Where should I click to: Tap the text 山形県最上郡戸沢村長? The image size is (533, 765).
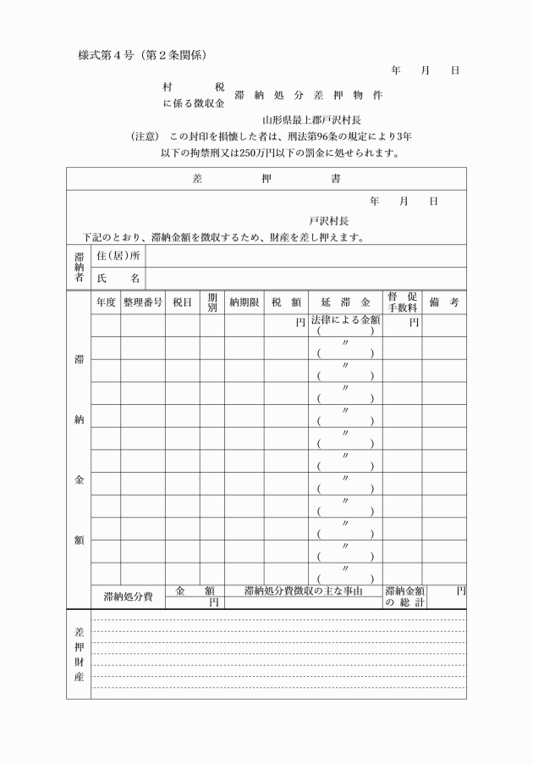[310, 119]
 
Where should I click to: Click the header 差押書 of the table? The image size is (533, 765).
[266, 180]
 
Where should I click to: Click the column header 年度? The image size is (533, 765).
[106, 302]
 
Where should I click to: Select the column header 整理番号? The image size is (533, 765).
[142, 302]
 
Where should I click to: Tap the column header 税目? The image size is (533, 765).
[182, 302]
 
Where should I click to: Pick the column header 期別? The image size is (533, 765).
[212, 302]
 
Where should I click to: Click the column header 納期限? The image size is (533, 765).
[244, 302]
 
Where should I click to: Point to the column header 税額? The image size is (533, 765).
[287, 302]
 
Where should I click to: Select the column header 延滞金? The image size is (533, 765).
[345, 302]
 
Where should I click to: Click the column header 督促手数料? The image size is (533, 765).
[402, 302]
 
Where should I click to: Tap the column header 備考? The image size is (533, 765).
[443, 302]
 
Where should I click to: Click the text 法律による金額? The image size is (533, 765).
[345, 321]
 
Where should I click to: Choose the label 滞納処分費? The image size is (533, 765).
[128, 596]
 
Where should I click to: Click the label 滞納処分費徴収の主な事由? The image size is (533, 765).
[303, 590]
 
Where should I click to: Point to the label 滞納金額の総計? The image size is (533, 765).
[404, 596]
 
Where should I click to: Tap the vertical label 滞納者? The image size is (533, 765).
[79, 267]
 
